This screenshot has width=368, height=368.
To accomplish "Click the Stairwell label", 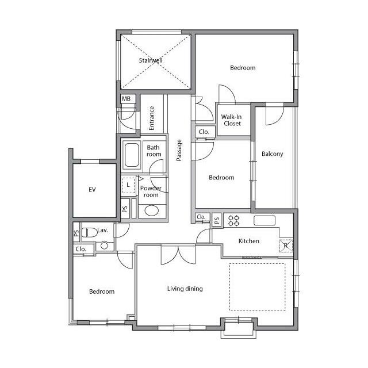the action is [151, 60].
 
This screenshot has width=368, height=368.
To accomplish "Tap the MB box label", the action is [126, 99].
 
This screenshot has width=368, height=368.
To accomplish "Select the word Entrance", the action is [152, 118].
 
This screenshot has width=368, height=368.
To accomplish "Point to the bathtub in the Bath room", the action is [132, 155].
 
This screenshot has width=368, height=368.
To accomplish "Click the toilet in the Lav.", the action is [90, 232].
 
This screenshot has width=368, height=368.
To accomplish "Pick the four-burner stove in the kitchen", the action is [234, 221].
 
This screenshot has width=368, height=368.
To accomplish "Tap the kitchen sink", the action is [264, 221].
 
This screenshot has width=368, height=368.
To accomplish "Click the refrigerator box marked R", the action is [286, 246].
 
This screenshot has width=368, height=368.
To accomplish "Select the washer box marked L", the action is [128, 185].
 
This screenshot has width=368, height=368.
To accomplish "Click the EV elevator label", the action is [92, 190].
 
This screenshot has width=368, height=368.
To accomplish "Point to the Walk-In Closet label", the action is [232, 120].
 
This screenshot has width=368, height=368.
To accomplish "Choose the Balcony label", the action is [272, 154].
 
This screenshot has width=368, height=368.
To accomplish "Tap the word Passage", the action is [179, 150].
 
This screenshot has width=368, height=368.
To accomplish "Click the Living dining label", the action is [185, 289].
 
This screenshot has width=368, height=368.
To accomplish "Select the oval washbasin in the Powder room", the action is [152, 210].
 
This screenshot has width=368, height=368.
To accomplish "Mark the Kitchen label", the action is [249, 241].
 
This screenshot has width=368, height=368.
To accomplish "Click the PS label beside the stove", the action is [217, 220].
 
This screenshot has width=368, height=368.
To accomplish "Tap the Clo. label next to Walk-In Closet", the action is [204, 132].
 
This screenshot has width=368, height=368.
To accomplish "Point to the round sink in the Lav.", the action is [104, 246].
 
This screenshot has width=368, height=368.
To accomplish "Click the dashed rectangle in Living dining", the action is [258, 263].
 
